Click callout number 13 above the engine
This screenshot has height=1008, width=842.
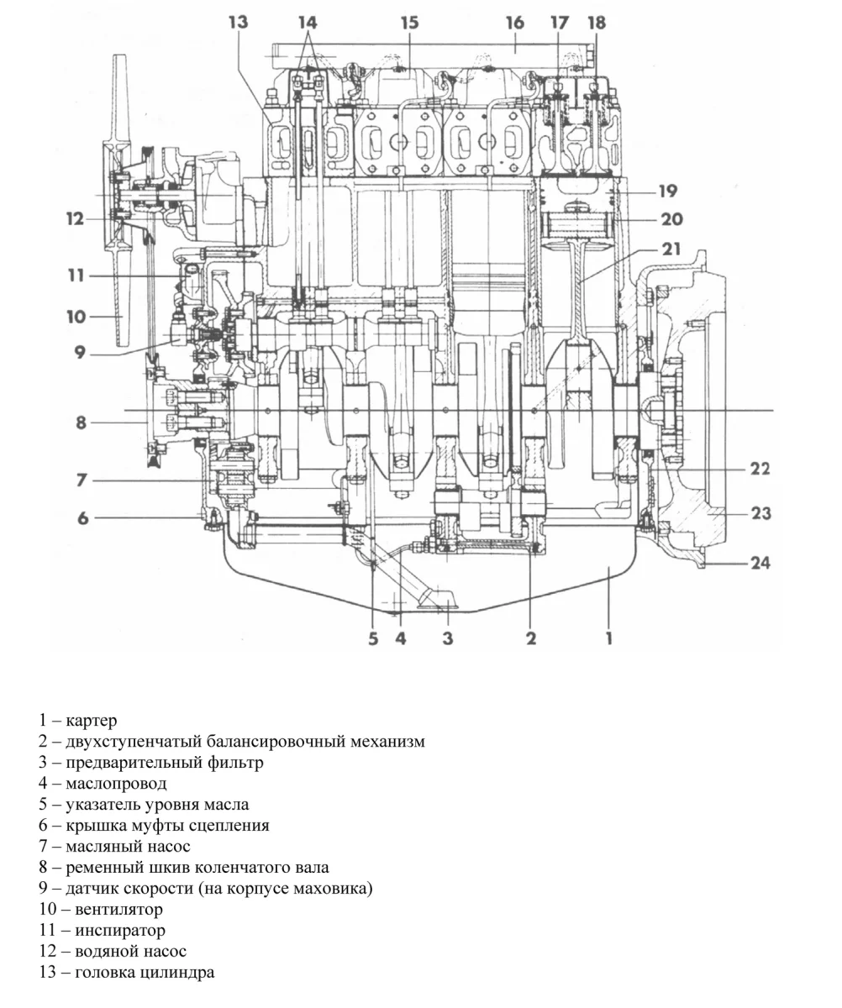pyautogui.click(x=239, y=23)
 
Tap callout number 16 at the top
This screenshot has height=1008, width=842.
pyautogui.click(x=514, y=23)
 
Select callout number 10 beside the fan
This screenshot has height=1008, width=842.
pyautogui.click(x=76, y=317)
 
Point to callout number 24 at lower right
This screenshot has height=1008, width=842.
pyautogui.click(x=760, y=563)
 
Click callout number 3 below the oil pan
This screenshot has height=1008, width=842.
pyautogui.click(x=448, y=638)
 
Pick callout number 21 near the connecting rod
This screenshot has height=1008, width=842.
pyautogui.click(x=671, y=249)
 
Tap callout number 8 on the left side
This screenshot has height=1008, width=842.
pyautogui.click(x=82, y=422)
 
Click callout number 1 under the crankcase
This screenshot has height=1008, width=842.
pyautogui.click(x=608, y=638)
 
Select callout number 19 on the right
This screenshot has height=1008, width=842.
pyautogui.click(x=668, y=191)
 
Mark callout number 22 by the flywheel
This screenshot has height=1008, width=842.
pyautogui.click(x=760, y=469)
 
